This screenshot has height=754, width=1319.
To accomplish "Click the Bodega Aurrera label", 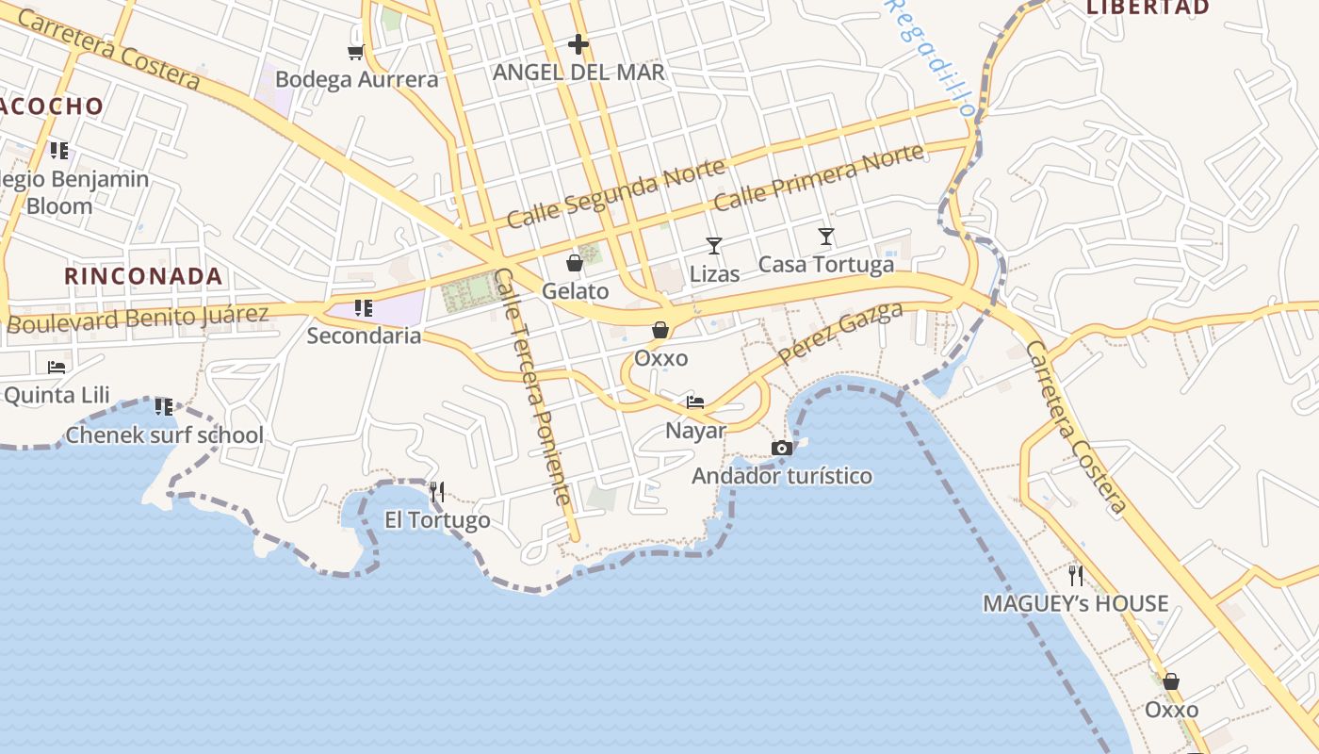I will [x=357, y=80].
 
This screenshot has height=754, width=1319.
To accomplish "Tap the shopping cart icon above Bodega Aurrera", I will [x=355, y=52].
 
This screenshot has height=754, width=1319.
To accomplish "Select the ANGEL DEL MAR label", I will [x=578, y=73].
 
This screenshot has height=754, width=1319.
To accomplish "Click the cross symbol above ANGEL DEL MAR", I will [x=578, y=44].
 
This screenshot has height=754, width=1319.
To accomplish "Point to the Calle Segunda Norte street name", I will [x=616, y=192].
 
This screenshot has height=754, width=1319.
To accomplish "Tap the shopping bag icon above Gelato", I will [x=575, y=263].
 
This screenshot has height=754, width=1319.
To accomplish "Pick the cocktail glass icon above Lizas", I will [x=714, y=246].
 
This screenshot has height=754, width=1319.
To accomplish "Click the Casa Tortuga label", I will [x=826, y=265].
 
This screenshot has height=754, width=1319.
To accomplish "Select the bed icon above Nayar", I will [x=695, y=402].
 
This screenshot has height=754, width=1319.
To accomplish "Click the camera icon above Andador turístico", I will [x=782, y=448].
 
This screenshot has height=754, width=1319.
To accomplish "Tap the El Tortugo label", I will [x=437, y=520].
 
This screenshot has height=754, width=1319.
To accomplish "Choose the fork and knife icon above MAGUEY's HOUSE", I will [x=1076, y=575].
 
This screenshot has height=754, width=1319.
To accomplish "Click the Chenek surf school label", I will [x=164, y=435].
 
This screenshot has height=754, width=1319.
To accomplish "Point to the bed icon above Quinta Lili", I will [x=57, y=367].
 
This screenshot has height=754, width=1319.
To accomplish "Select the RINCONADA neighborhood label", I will [x=143, y=276].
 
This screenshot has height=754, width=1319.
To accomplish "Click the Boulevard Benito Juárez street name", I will [x=138, y=319].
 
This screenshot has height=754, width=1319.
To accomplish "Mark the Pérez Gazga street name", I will [x=840, y=334].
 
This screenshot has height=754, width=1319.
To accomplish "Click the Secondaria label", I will [x=364, y=336].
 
